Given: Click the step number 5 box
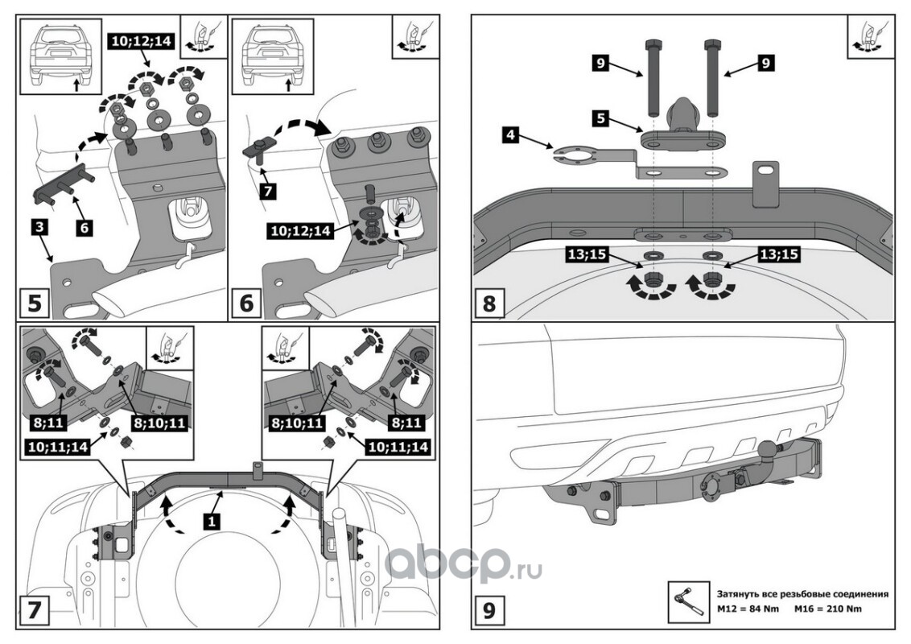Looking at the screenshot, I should pos(35,304).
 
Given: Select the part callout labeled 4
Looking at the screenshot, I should pos(509,134).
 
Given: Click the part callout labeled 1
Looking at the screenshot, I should pos(211,521).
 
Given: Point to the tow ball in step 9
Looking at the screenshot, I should pos(767,448).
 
